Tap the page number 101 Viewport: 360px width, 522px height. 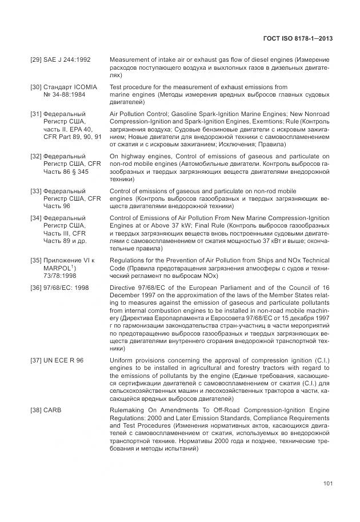(327, 485)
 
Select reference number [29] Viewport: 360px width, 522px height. (35, 60)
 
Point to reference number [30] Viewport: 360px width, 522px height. (35, 87)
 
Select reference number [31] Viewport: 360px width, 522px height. (35, 114)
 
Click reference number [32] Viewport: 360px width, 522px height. (35, 156)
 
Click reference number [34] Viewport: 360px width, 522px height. (35, 218)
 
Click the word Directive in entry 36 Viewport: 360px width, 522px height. (122, 288)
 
